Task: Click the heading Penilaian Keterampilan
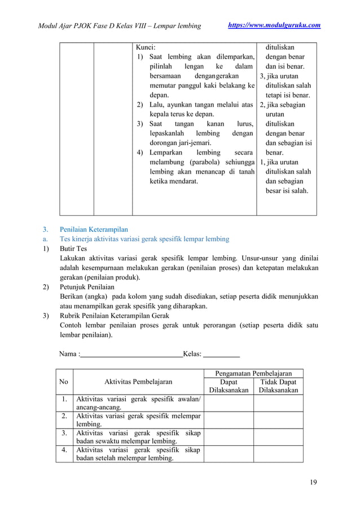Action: pyautogui.click(x=94, y=229)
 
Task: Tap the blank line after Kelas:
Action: pyautogui.click(x=221, y=355)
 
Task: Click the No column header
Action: pyautogui.click(x=64, y=382)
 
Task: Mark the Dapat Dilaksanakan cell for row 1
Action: pyautogui.click(x=229, y=404)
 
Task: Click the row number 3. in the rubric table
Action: pyautogui.click(x=65, y=433)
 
